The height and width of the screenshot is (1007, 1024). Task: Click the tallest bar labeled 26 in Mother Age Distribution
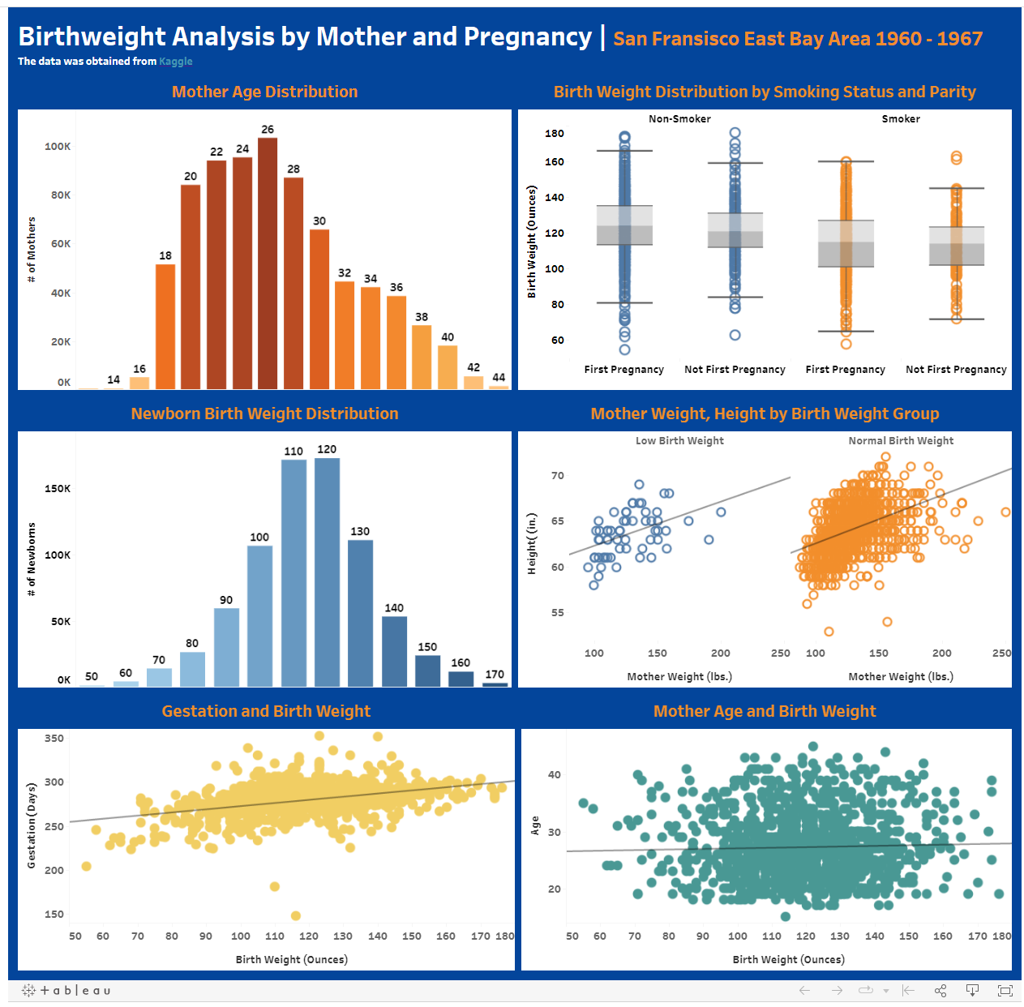(x=268, y=264)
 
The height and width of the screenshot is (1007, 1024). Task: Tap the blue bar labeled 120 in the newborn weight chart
(x=327, y=572)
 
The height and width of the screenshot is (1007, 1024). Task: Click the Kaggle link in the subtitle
(x=176, y=62)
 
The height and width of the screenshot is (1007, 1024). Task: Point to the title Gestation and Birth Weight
(x=266, y=711)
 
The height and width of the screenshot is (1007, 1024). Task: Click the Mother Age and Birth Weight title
(x=765, y=711)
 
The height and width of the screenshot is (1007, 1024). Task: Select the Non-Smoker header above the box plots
(x=679, y=119)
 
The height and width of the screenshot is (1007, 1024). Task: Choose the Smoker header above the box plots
(x=901, y=119)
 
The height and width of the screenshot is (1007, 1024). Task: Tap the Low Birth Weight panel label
(x=679, y=441)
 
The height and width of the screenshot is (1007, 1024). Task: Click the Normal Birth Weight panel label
(x=901, y=441)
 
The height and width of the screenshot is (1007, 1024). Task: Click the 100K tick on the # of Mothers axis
(x=58, y=147)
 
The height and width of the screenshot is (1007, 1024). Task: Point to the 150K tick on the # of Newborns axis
(x=58, y=489)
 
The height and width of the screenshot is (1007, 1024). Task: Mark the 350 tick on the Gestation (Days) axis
(x=54, y=739)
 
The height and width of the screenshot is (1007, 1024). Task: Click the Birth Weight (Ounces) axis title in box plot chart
(x=532, y=242)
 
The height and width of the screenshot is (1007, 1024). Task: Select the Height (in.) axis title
(x=532, y=544)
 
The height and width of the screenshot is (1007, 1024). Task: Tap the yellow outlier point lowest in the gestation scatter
(x=295, y=915)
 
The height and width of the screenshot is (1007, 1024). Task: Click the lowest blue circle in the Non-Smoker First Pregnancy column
(x=624, y=350)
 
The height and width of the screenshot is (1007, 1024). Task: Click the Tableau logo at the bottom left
(x=66, y=990)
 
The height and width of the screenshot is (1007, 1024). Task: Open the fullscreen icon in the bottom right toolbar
(x=1005, y=990)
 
